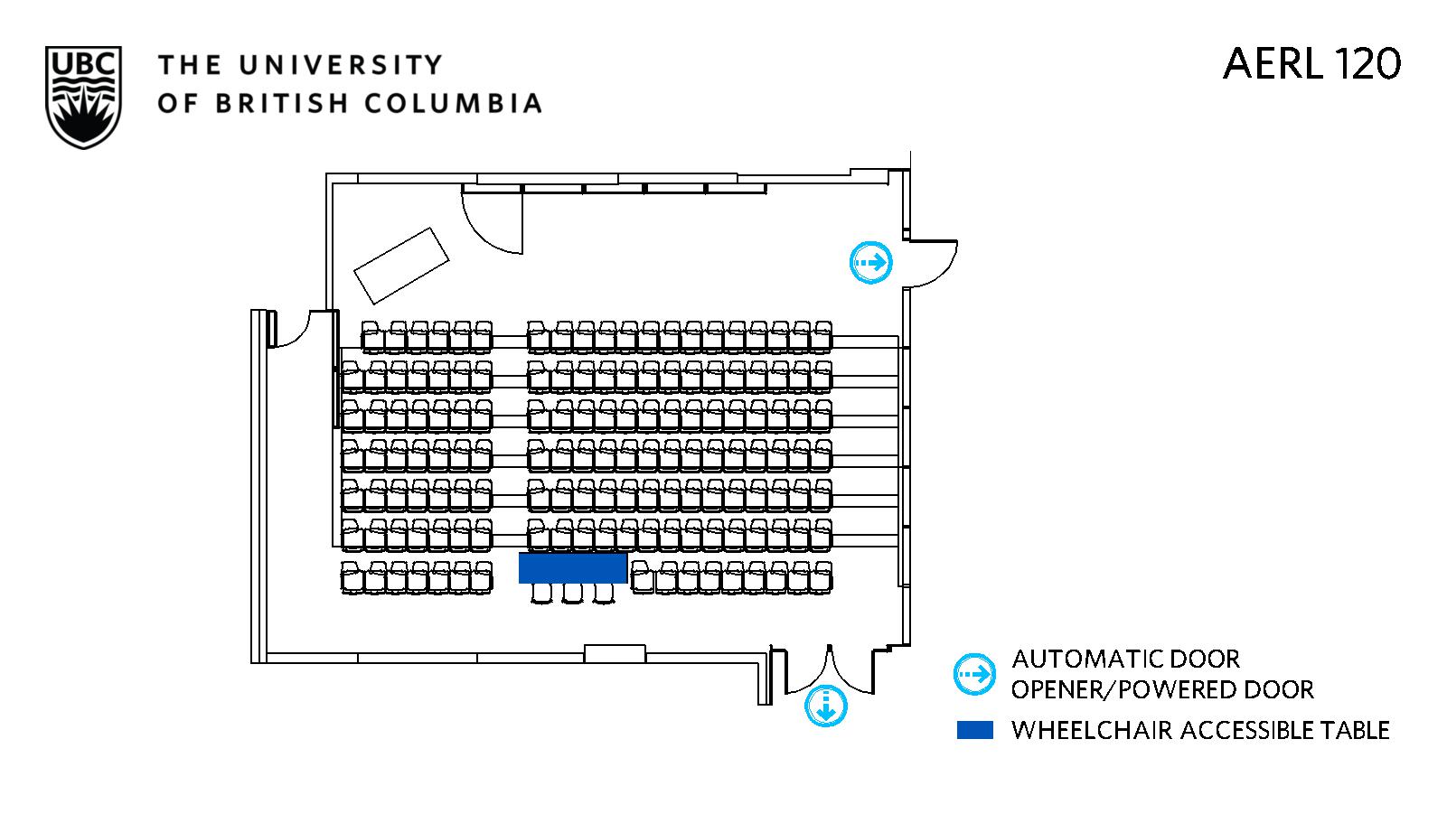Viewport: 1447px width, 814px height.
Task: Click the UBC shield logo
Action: click(x=82, y=97)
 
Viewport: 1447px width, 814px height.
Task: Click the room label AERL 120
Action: click(x=1311, y=64)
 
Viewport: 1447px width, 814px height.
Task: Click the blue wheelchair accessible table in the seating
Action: click(x=573, y=567)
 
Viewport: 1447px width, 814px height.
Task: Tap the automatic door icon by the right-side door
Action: click(x=871, y=263)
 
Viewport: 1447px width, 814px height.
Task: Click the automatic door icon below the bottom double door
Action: click(x=826, y=706)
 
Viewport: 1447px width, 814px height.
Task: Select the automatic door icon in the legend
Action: click(x=974, y=674)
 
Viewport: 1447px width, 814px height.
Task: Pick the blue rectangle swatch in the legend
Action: click(x=974, y=730)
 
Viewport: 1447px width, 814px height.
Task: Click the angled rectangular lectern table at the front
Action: click(x=401, y=266)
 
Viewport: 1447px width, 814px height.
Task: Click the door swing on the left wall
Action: click(x=291, y=330)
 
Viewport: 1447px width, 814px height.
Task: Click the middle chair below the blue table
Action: click(x=573, y=593)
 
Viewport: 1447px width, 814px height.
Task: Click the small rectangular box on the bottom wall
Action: click(x=615, y=653)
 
